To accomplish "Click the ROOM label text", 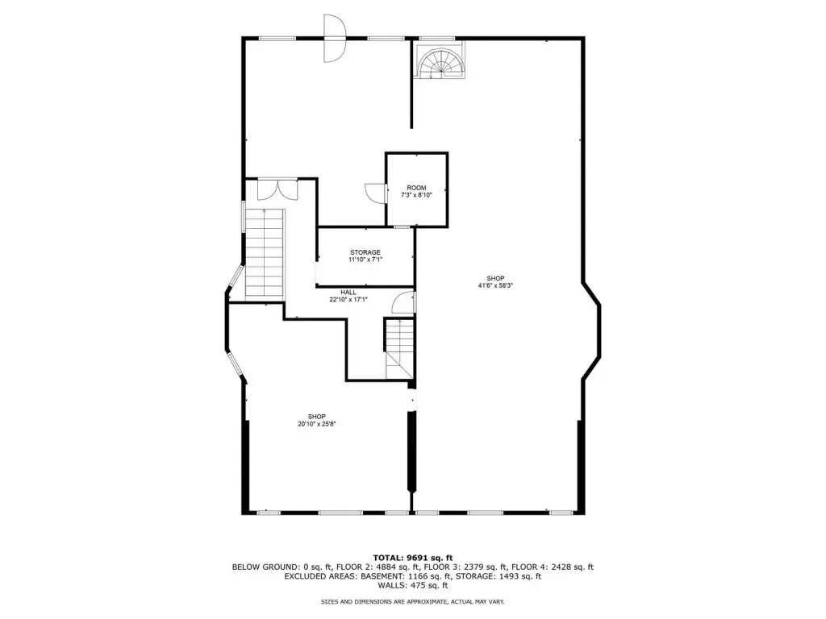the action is [416, 188].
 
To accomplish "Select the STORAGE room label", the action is [365, 252].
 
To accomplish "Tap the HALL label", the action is [348, 293].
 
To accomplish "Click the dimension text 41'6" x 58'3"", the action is [495, 286].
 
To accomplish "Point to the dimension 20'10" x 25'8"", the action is [316, 424].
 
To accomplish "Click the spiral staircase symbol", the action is [440, 60].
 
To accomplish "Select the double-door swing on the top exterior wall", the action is [334, 39].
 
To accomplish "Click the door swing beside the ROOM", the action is [376, 193].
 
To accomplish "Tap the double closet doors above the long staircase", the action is [277, 189].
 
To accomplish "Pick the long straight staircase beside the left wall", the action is [265, 252].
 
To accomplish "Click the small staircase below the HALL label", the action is [399, 349].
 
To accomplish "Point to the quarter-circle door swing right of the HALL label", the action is [403, 303].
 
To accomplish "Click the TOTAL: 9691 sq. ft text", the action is [413, 558].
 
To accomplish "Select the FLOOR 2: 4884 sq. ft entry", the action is [389, 567].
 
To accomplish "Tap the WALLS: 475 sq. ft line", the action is [413, 585].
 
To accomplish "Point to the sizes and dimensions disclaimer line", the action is [413, 601].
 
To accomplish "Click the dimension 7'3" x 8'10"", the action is [416, 195].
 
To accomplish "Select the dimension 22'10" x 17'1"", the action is [348, 300].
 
